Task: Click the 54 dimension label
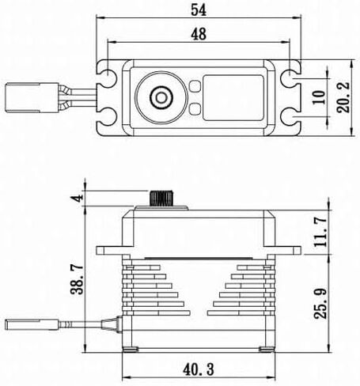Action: point(199,10)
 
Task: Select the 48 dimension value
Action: point(199,34)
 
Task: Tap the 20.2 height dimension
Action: point(343,97)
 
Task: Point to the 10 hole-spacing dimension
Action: point(319,97)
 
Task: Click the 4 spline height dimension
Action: point(78,198)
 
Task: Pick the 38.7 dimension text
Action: point(78,279)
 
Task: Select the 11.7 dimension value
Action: point(320,232)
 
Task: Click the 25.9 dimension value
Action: point(320,304)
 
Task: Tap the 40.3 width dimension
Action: point(199,369)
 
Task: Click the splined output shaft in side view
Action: point(161,198)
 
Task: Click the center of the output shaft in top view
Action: point(161,97)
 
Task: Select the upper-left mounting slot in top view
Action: point(107,74)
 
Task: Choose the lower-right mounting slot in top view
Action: point(290,119)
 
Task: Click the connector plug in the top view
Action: point(32,97)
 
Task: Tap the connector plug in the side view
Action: point(31,324)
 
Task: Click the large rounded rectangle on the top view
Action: point(233,97)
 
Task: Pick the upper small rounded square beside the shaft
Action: point(195,86)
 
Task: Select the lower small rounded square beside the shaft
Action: point(195,109)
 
